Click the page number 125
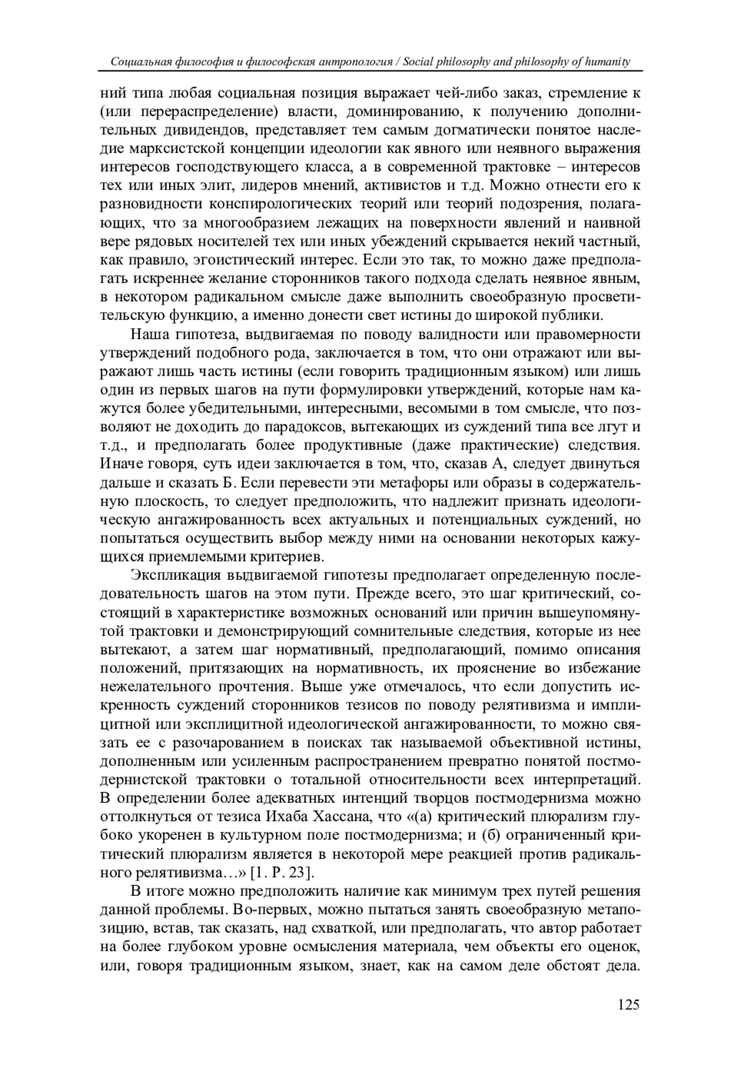point(628,1005)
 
